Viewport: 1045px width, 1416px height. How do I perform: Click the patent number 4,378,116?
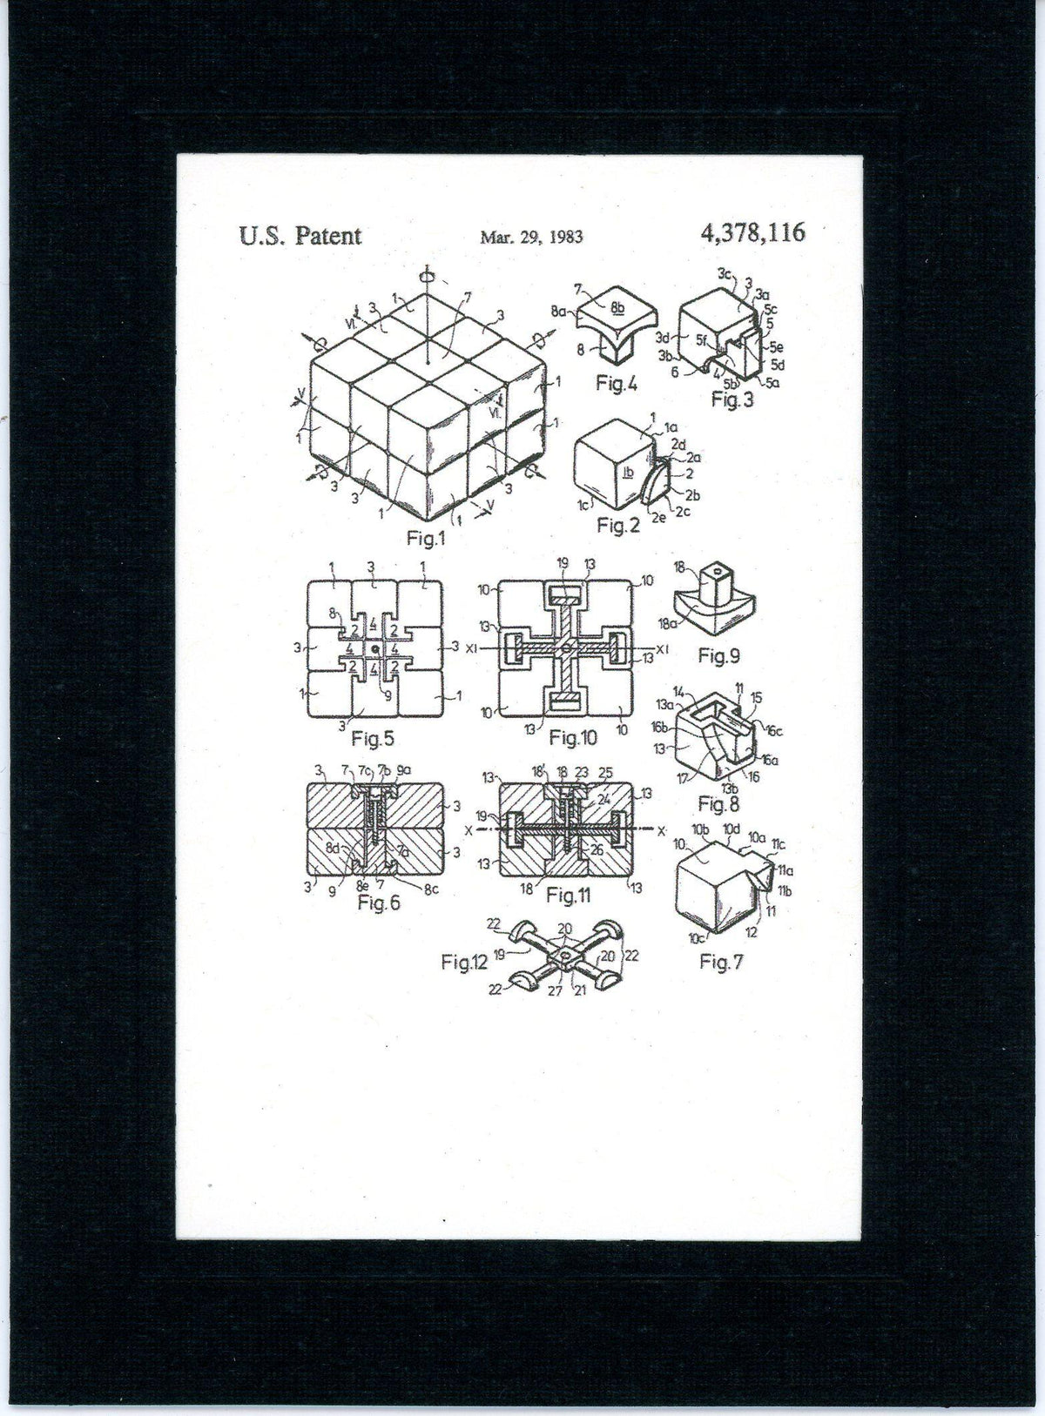[x=752, y=232]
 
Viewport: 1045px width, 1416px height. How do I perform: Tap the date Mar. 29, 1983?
[x=530, y=236]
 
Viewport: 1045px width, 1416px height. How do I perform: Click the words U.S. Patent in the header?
[x=300, y=235]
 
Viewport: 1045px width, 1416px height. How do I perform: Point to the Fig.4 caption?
[x=617, y=383]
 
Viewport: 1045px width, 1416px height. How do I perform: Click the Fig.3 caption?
[x=731, y=399]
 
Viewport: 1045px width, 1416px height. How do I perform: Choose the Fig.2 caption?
[x=618, y=526]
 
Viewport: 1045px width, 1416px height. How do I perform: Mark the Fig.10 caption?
[x=573, y=738]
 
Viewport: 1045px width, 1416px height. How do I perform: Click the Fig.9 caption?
[x=719, y=656]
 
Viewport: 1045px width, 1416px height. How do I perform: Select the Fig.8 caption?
[x=718, y=802]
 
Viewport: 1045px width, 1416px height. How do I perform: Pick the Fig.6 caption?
[x=378, y=903]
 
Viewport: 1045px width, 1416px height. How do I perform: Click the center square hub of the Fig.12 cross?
[x=566, y=960]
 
